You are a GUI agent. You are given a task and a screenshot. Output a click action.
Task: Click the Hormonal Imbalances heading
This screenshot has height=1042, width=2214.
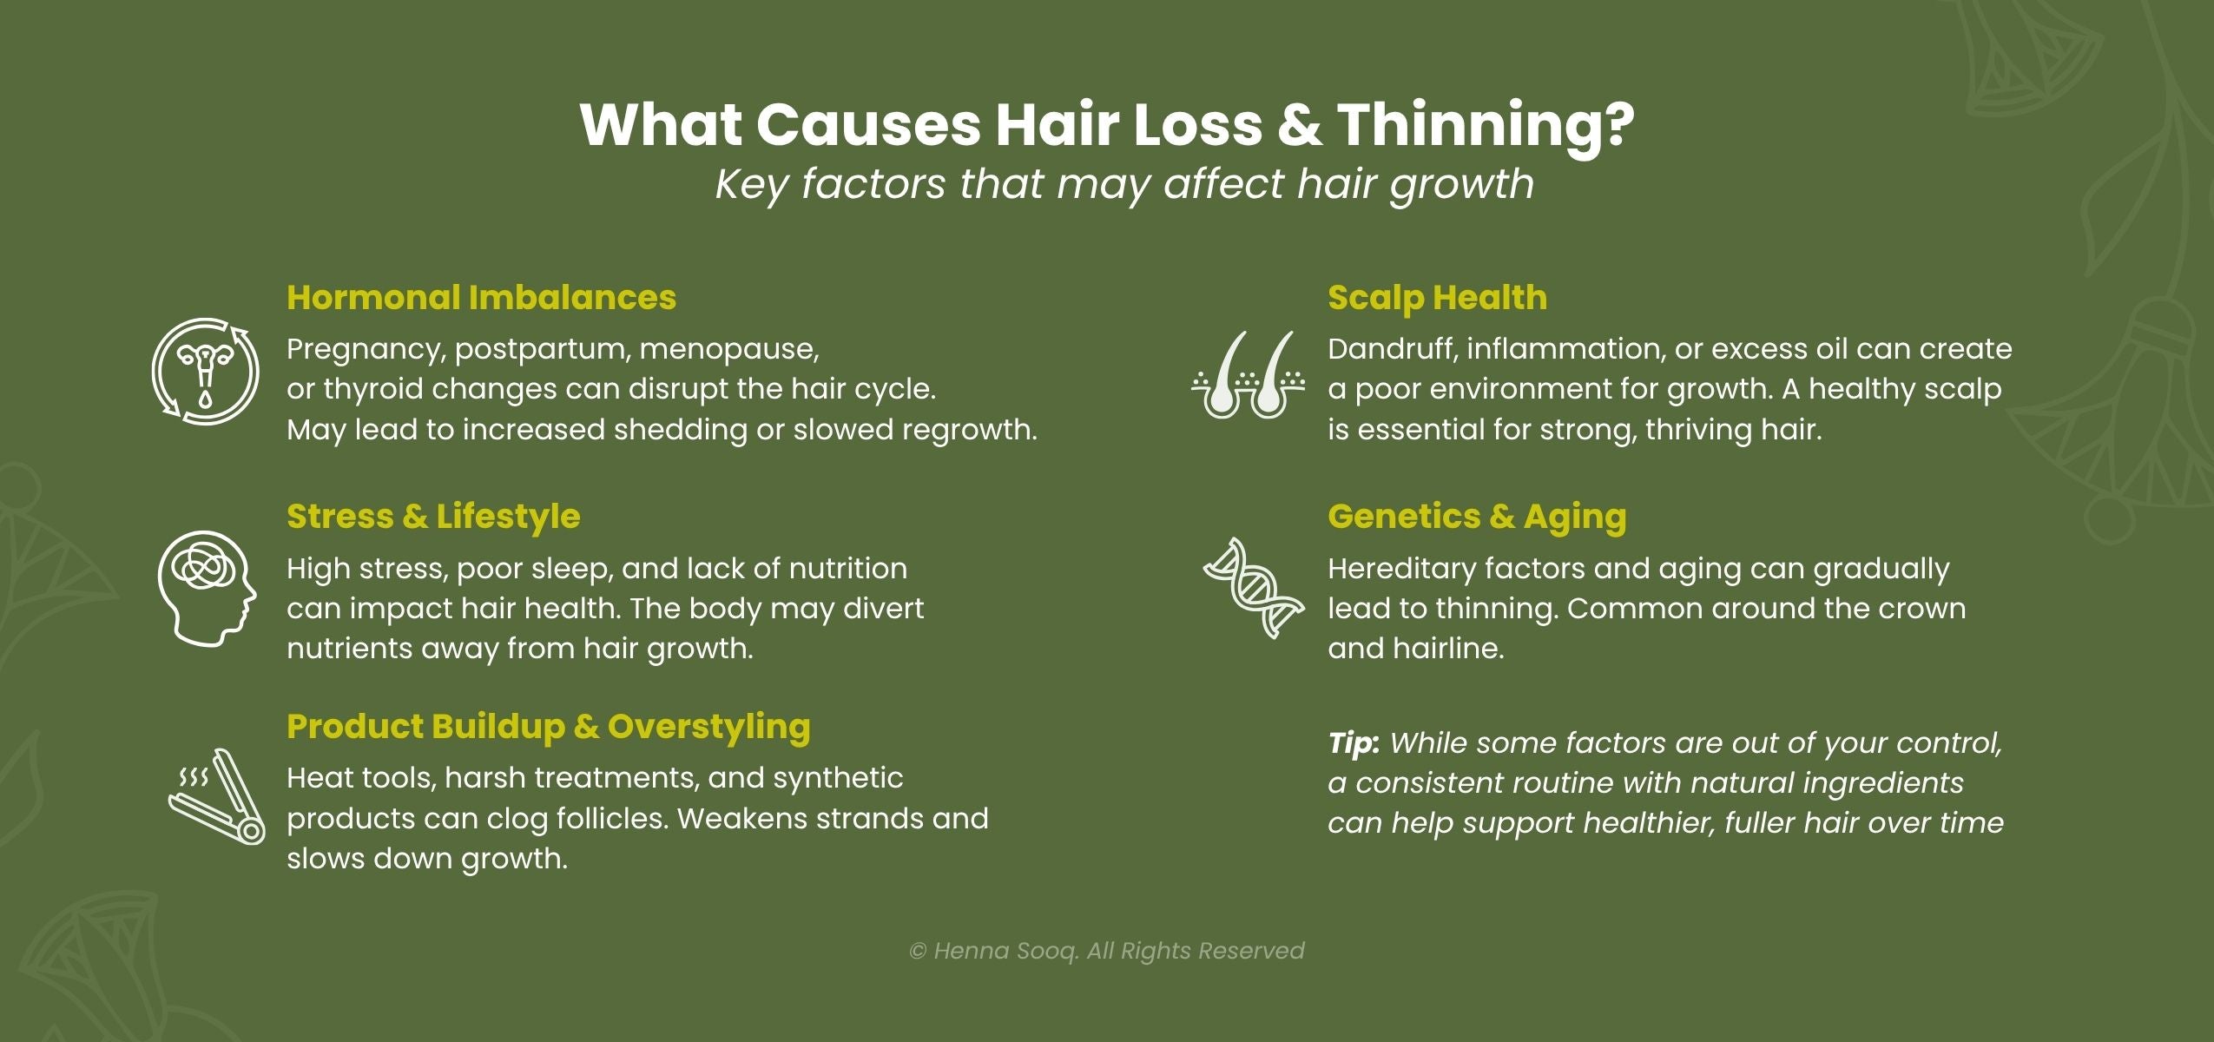[x=481, y=298]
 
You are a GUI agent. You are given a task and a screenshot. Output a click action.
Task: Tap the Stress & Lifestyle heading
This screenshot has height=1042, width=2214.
[x=433, y=517]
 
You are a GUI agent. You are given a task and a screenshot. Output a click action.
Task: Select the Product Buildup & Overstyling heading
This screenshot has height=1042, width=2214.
[x=548, y=727]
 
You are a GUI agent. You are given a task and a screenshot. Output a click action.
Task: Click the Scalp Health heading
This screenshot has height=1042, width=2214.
[x=1437, y=298]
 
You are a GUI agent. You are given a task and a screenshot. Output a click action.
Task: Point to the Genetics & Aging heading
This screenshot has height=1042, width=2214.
[x=1476, y=517]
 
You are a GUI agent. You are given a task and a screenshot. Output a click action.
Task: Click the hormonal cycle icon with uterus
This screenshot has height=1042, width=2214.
[x=206, y=372]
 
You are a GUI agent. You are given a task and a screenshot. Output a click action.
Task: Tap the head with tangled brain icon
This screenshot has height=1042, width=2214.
[x=207, y=588]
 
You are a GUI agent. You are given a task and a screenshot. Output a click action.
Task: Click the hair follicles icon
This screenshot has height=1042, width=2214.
[x=1248, y=374]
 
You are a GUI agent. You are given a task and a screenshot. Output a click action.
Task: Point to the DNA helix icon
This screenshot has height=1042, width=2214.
[x=1253, y=588]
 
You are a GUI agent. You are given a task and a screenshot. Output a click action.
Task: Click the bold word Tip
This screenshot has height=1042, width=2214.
[x=1353, y=743]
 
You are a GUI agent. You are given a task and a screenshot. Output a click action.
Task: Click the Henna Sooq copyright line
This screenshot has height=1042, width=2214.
[x=1106, y=951]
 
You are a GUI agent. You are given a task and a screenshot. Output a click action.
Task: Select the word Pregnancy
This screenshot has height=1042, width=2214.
[x=366, y=349]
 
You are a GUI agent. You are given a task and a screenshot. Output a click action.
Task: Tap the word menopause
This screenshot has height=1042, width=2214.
[x=728, y=349]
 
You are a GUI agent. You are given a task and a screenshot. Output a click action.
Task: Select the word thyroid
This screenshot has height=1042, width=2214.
[x=372, y=389]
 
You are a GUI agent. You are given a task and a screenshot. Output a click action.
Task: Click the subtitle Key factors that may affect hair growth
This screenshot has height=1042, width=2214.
[x=1124, y=184]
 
